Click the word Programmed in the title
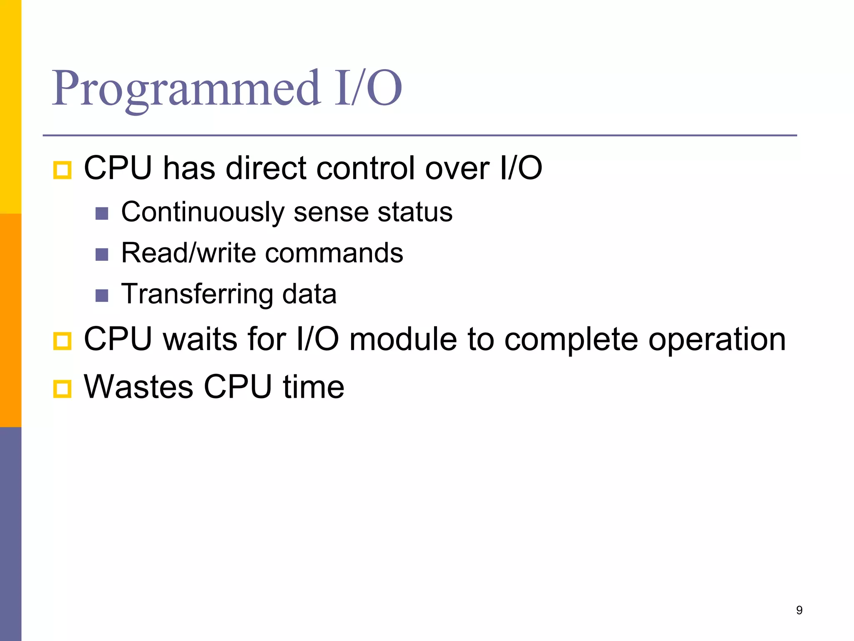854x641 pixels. (x=186, y=88)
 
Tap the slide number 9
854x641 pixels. (x=799, y=610)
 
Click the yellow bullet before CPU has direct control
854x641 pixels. (x=63, y=170)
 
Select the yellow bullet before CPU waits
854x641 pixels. (x=63, y=341)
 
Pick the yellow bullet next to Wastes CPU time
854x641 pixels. (x=63, y=389)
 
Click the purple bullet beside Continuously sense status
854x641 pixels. (x=102, y=214)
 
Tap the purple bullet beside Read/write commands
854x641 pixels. (x=102, y=255)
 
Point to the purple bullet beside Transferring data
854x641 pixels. (x=102, y=295)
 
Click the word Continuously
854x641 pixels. (x=203, y=212)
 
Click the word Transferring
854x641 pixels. (x=197, y=294)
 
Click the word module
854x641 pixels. (x=403, y=339)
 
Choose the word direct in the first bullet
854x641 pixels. (x=266, y=168)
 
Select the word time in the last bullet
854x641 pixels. (x=314, y=387)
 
